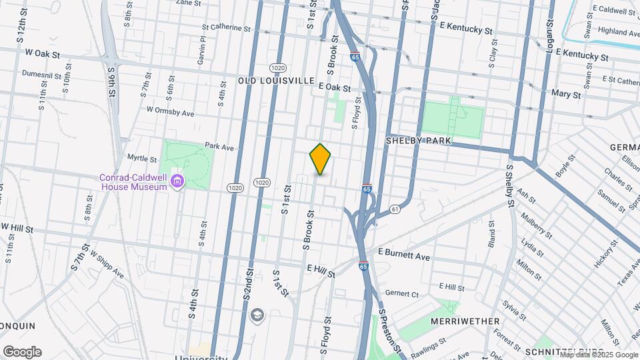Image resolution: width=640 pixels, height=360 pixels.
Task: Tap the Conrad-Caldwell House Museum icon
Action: pos(177,181)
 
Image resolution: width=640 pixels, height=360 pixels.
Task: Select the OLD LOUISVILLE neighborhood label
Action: pos(276,81)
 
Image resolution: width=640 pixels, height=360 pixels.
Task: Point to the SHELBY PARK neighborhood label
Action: pos(419,141)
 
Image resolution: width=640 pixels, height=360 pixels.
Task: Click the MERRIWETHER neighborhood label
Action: pos(465,321)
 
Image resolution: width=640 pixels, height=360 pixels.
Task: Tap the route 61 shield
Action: pos(395,210)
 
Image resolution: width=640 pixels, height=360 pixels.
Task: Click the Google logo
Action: pos(22,351)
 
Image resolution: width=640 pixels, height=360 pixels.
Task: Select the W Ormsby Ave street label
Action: pos(170,111)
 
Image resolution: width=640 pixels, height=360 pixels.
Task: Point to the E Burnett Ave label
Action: pos(405,255)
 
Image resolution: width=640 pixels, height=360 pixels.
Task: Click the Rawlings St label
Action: pos(428,345)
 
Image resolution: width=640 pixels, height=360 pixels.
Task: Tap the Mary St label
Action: pos(566,95)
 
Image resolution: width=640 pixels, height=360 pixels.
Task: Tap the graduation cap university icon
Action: pos(257,314)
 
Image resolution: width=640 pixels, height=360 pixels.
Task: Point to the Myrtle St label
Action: pos(141,159)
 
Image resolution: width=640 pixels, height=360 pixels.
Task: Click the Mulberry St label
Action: pos(537,226)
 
